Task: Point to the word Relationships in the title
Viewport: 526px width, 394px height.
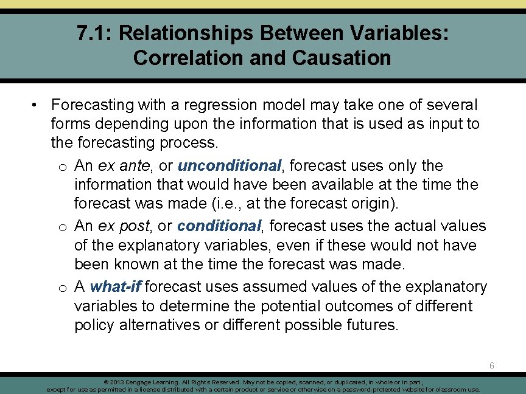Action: click(x=183, y=33)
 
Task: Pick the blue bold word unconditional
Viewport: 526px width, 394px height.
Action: click(x=229, y=165)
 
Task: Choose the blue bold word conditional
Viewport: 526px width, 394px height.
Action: click(x=219, y=226)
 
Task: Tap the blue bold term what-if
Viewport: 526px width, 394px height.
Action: click(x=116, y=286)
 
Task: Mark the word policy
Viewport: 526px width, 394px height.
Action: click(x=94, y=325)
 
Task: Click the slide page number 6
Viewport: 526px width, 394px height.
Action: click(x=492, y=365)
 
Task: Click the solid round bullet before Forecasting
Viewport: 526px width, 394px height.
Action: click(x=37, y=105)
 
